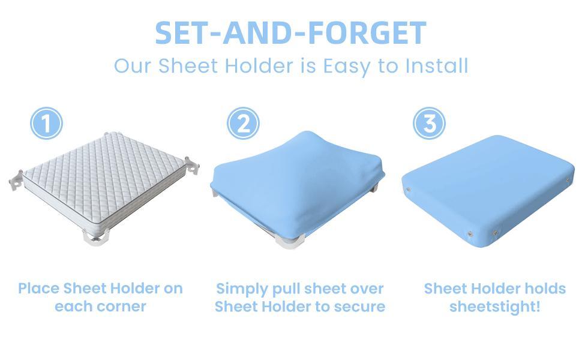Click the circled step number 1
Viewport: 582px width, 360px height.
[46, 124]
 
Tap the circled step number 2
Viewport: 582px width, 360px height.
[243, 124]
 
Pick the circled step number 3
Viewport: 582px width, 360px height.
[430, 124]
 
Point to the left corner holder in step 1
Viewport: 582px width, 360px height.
[17, 178]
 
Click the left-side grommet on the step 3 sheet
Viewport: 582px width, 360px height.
[408, 190]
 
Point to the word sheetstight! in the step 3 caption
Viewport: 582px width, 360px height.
[494, 307]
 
